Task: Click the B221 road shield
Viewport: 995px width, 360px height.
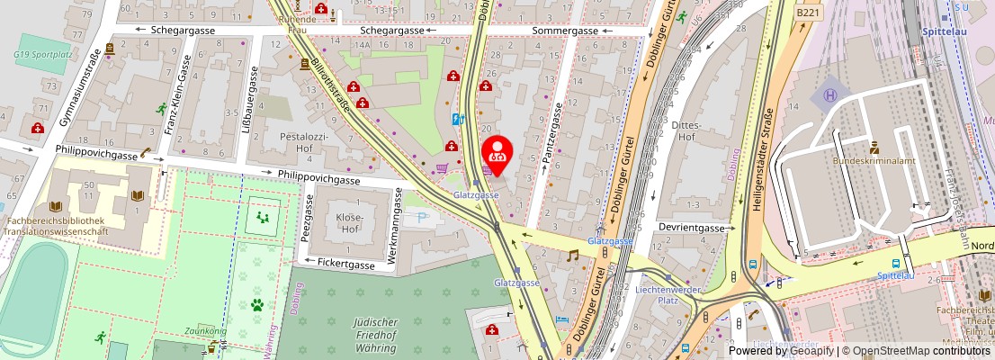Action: click(x=807, y=13)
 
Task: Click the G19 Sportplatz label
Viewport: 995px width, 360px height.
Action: click(x=43, y=54)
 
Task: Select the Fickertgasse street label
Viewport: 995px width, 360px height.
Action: click(x=346, y=264)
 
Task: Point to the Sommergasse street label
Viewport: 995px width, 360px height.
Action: click(x=565, y=31)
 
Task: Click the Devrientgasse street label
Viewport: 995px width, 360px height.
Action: click(x=690, y=228)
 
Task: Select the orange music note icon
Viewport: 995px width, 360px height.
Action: click(x=572, y=256)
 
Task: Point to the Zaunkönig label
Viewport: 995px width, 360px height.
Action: click(x=203, y=331)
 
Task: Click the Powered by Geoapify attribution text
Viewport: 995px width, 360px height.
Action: click(x=781, y=351)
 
